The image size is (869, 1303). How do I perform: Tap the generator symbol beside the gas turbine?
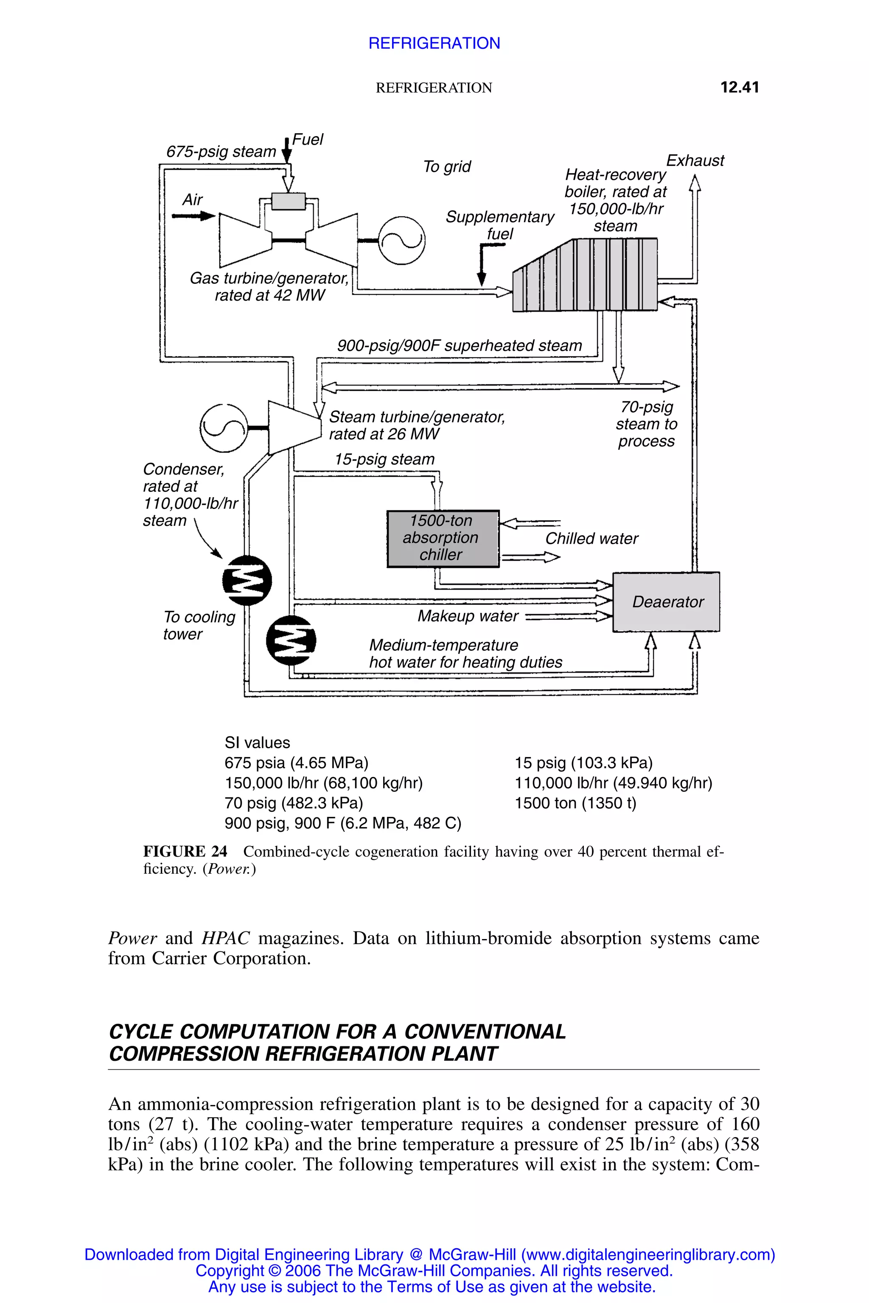pyautogui.click(x=401, y=240)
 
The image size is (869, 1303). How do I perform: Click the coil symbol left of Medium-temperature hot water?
pyautogui.click(x=291, y=640)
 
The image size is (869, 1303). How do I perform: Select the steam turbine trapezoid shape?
pyautogui.click(x=294, y=427)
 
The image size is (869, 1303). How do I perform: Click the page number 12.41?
pyautogui.click(x=739, y=87)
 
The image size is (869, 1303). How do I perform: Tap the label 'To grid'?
pyautogui.click(x=447, y=166)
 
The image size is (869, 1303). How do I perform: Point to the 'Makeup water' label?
pyautogui.click(x=468, y=616)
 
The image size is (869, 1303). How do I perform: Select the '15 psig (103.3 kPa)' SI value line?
pyautogui.click(x=583, y=763)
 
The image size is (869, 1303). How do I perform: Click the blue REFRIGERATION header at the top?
pyautogui.click(x=434, y=43)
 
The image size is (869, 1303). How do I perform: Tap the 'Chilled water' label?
pyautogui.click(x=591, y=539)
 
